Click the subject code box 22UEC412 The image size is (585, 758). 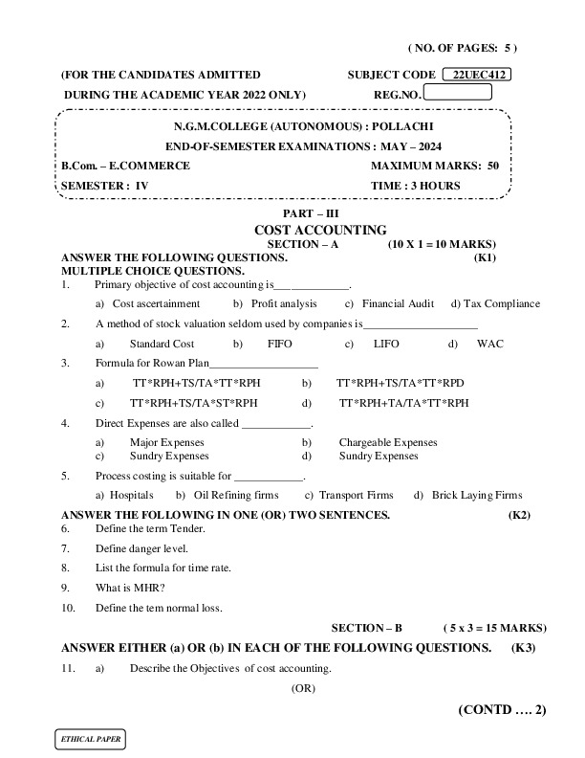coord(479,75)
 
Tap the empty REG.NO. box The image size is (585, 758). coord(457,93)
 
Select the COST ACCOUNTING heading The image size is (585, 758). coord(320,231)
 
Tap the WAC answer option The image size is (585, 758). coord(489,343)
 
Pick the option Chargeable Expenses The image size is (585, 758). coord(387,442)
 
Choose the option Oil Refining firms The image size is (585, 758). coord(235,495)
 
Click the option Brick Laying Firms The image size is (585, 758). coord(476,495)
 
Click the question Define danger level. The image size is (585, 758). coord(141,548)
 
